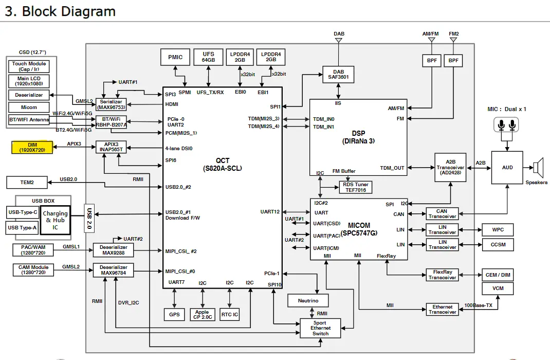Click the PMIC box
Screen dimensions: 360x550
(175, 57)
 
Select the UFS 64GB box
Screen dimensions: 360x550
(208, 57)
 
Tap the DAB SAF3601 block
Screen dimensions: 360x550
(338, 75)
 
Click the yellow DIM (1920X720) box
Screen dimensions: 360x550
(32, 147)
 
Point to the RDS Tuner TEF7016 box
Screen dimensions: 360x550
(355, 187)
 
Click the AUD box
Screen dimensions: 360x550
(507, 168)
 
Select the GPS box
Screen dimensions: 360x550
(175, 314)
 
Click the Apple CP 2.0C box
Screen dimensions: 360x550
(203, 314)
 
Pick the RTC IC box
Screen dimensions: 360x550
(230, 314)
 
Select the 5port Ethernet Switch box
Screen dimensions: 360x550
(320, 328)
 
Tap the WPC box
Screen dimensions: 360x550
(498, 229)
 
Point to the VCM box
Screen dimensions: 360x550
(498, 289)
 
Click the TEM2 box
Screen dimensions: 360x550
(27, 182)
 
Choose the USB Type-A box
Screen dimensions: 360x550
(22, 227)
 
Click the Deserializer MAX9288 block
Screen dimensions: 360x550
(114, 250)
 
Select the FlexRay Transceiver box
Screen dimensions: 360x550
(442, 275)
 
